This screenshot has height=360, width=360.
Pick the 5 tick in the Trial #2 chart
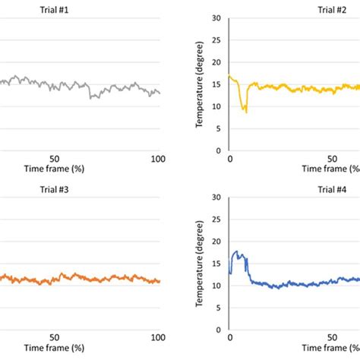click(x=218, y=128)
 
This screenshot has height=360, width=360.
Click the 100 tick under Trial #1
click(x=158, y=159)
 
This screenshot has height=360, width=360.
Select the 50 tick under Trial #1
click(x=55, y=159)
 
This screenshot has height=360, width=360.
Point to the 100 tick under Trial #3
click(x=158, y=338)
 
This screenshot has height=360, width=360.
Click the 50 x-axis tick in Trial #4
click(x=333, y=338)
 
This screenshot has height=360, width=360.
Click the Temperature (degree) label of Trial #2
click(x=200, y=85)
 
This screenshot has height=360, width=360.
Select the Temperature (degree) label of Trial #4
click(x=200, y=265)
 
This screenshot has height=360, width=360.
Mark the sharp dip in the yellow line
click(x=245, y=112)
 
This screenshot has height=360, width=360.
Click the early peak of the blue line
click(x=236, y=251)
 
